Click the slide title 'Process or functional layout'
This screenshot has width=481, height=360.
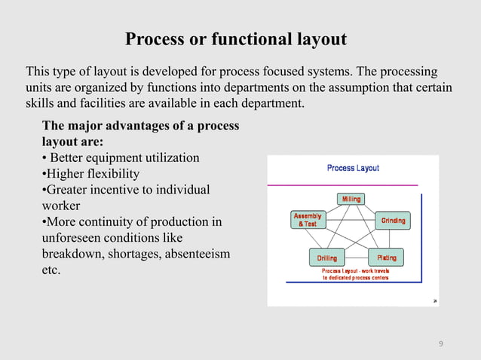pyautogui.click(x=235, y=38)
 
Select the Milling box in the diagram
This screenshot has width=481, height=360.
pyautogui.click(x=351, y=200)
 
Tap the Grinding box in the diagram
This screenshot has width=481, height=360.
pyautogui.click(x=393, y=221)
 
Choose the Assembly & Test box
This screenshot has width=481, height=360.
pyautogui.click(x=307, y=220)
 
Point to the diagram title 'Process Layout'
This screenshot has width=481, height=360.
pyautogui.click(x=353, y=168)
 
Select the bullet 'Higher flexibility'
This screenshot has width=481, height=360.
pyautogui.click(x=90, y=174)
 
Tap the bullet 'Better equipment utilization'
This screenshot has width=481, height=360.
pyautogui.click(x=121, y=158)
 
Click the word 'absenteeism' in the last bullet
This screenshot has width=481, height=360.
pyautogui.click(x=193, y=254)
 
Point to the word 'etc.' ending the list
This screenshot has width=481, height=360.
pyautogui.click(x=51, y=270)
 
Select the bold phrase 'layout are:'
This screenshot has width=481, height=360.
pyautogui.click(x=72, y=142)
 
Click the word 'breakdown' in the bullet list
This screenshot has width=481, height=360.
pyautogui.click(x=71, y=254)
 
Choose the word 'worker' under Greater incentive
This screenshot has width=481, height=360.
pyautogui.click(x=61, y=206)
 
